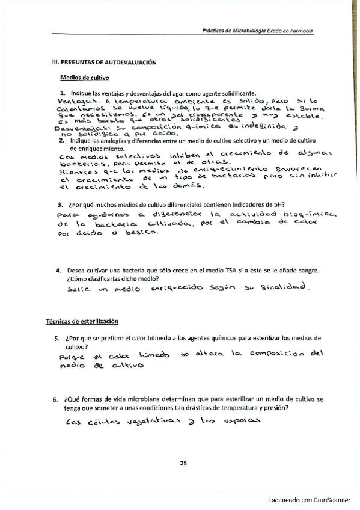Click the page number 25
click(183, 462)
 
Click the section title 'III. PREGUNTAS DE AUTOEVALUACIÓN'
click(100, 61)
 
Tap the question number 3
click(53, 203)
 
